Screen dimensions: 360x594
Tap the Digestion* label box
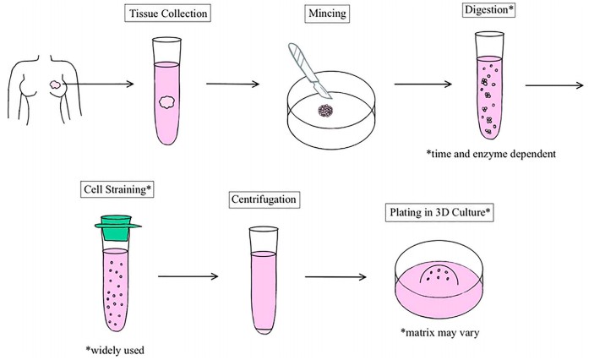coord(488,13)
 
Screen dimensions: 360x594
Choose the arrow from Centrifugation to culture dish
coord(334,275)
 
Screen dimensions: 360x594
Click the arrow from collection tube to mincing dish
coord(236,85)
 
